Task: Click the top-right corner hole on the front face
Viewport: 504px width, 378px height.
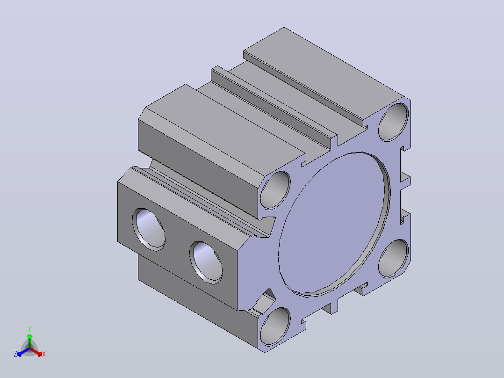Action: click(394, 122)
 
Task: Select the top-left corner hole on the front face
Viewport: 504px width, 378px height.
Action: click(275, 190)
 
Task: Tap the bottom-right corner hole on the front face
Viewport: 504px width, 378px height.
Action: click(394, 258)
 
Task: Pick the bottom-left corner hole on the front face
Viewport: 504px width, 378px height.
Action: click(275, 327)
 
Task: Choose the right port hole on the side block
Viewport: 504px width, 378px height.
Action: click(206, 263)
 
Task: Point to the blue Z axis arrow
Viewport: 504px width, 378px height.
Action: click(23, 352)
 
